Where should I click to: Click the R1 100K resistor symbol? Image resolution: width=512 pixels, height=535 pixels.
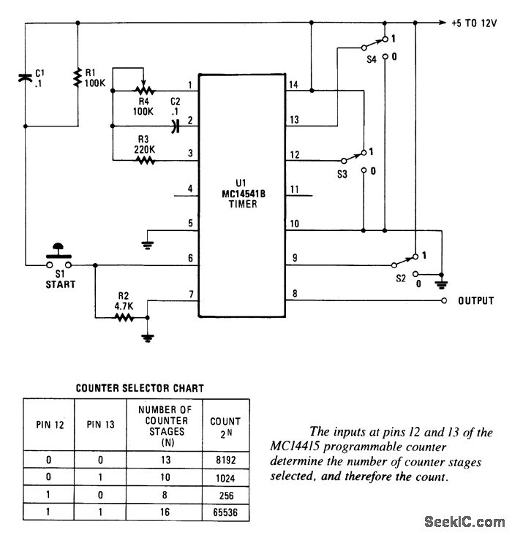78,77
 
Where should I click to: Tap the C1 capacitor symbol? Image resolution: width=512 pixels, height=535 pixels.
25,78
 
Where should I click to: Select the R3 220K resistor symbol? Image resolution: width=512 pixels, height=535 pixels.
145,160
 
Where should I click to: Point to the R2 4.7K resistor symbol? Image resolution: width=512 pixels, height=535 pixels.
124,318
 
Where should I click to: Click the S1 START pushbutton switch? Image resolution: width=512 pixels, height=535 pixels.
59,257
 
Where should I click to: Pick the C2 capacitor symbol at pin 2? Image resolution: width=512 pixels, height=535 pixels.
176,126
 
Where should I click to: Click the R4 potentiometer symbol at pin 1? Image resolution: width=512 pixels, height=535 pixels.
145,87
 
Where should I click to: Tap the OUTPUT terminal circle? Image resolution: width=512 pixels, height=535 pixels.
444,300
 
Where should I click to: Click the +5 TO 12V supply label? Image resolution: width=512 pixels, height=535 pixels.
474,23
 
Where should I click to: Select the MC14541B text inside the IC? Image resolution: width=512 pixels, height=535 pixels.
243,194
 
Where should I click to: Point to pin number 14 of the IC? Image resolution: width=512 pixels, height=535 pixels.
293,84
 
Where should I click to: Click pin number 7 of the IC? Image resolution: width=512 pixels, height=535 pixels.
192,294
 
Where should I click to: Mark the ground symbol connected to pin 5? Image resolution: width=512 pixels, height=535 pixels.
148,245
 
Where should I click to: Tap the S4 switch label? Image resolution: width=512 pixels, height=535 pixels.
372,59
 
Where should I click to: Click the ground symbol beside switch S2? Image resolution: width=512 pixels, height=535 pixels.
442,284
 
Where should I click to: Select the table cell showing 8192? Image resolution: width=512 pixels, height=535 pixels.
226,460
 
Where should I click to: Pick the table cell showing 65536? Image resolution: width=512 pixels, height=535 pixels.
225,512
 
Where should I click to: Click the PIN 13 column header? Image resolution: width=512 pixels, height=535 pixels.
100,425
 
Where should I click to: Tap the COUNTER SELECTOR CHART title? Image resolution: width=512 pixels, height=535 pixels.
140,388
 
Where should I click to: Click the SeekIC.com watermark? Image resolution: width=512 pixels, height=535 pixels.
464,522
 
